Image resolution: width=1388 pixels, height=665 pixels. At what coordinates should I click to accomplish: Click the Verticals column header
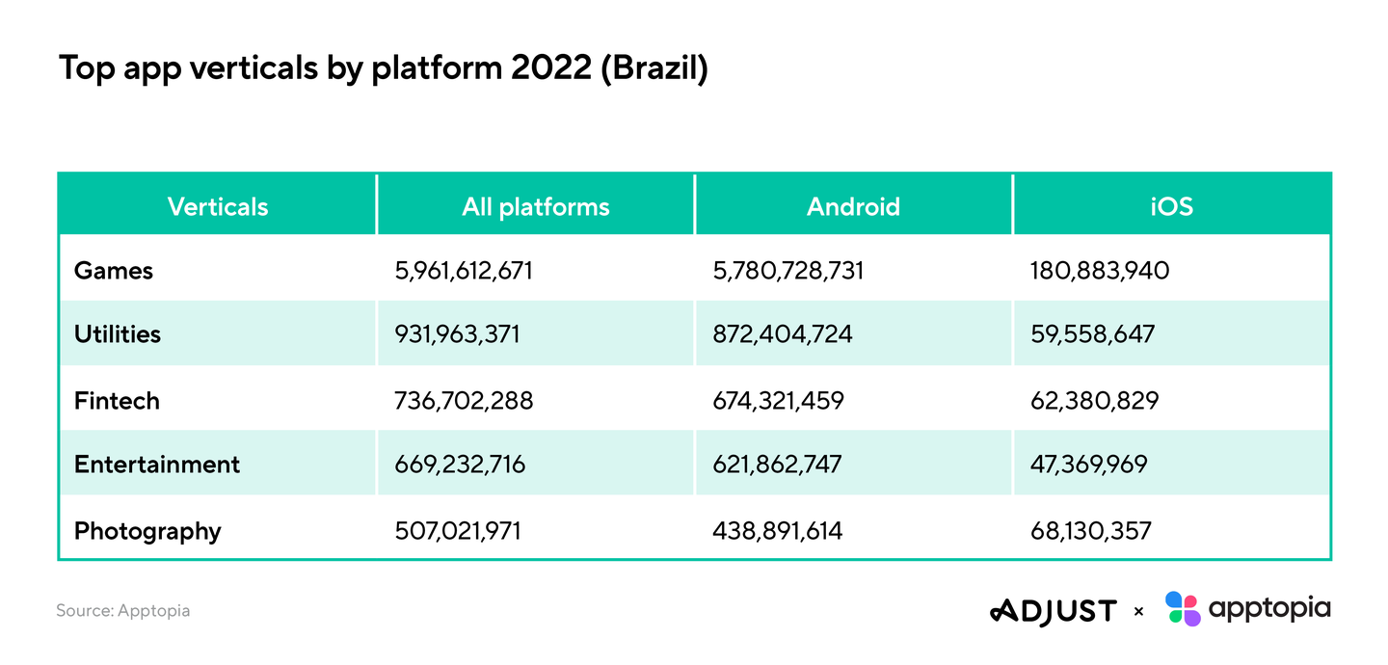coord(218,206)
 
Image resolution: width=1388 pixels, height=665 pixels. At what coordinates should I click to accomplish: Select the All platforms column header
coord(535,207)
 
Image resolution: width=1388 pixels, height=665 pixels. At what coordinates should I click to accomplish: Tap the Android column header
coord(853,206)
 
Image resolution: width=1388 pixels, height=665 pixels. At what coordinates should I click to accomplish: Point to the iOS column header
coord(1172,206)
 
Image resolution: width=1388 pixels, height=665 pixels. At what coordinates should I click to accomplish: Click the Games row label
coord(114,271)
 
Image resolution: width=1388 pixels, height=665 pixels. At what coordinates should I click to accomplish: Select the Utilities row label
coord(118,334)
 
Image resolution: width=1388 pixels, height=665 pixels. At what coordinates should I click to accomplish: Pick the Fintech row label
coord(118,400)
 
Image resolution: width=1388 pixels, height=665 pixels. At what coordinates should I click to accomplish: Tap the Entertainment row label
coord(157,465)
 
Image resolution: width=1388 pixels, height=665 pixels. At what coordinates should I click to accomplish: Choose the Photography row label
coord(147,531)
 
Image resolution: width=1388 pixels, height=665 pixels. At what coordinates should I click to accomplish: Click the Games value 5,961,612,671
coord(464,271)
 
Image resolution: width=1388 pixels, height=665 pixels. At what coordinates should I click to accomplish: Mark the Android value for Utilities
coord(783,334)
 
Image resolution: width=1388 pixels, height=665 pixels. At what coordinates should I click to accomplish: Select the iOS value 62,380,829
coord(1094,400)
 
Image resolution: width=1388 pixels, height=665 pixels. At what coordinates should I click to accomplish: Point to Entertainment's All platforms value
coord(460,465)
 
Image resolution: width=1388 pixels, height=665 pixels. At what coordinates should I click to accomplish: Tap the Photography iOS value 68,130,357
coord(1090,530)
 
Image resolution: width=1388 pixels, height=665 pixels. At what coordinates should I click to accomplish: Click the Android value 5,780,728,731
coord(787,271)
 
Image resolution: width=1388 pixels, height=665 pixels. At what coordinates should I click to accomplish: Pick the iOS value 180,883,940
coord(1100,271)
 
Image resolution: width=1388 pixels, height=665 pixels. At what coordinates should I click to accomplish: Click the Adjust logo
coord(1054,611)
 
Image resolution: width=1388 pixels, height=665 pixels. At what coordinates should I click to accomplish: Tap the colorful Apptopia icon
coord(1183,608)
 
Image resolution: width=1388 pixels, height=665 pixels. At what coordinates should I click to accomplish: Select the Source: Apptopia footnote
coord(122,610)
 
